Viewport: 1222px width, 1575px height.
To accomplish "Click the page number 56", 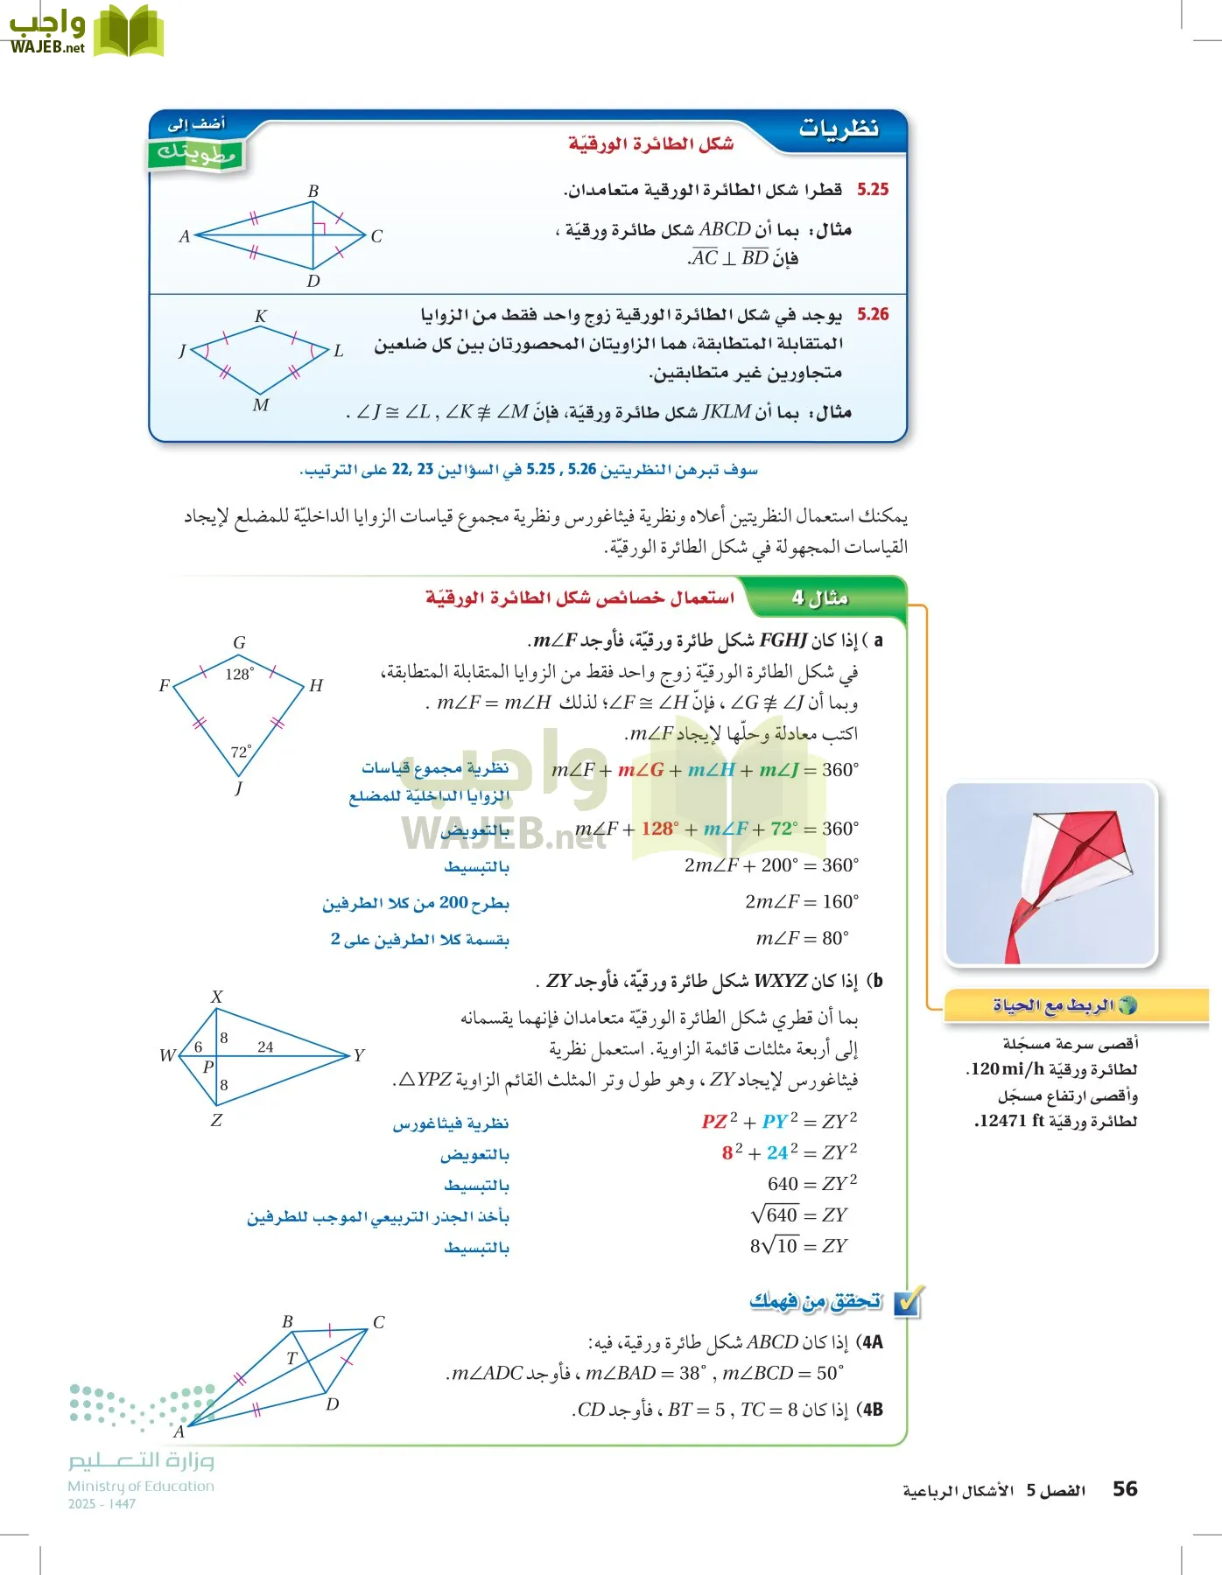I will point(1124,1488).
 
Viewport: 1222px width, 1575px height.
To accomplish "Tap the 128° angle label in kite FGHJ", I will point(239,674).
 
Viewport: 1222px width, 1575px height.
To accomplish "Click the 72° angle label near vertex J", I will point(241,752).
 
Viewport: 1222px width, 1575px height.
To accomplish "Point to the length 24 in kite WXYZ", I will point(265,1046).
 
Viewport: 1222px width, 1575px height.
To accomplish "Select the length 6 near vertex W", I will point(198,1046).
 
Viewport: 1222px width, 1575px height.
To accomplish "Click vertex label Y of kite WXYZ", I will point(359,1055).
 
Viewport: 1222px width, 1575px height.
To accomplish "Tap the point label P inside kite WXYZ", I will point(207,1067).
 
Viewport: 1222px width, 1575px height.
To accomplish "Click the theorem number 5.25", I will point(873,189).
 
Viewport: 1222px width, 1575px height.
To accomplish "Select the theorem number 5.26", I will point(873,313).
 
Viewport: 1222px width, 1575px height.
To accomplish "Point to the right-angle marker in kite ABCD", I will point(320,228).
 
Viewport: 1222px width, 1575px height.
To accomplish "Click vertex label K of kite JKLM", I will point(261,316).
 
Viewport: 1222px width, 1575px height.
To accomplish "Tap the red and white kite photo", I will point(1051,873).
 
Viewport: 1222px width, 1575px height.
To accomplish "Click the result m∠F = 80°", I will point(802,938).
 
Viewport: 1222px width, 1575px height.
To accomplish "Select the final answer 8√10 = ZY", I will point(798,1246).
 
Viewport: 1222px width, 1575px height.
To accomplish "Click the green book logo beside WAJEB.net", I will point(129,32).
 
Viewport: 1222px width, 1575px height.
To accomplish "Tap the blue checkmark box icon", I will point(909,1302).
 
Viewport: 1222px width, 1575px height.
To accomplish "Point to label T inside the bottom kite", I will point(291,1358).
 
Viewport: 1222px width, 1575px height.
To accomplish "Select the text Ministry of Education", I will point(141,1486).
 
